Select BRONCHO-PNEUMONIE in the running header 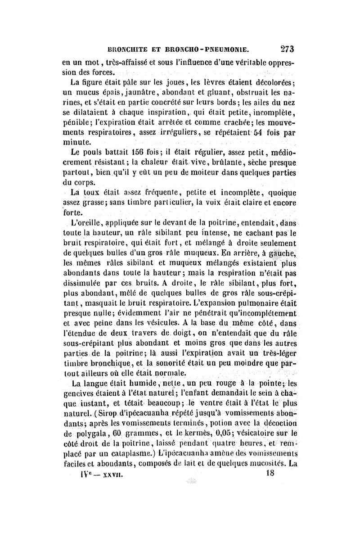coord(210,50)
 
